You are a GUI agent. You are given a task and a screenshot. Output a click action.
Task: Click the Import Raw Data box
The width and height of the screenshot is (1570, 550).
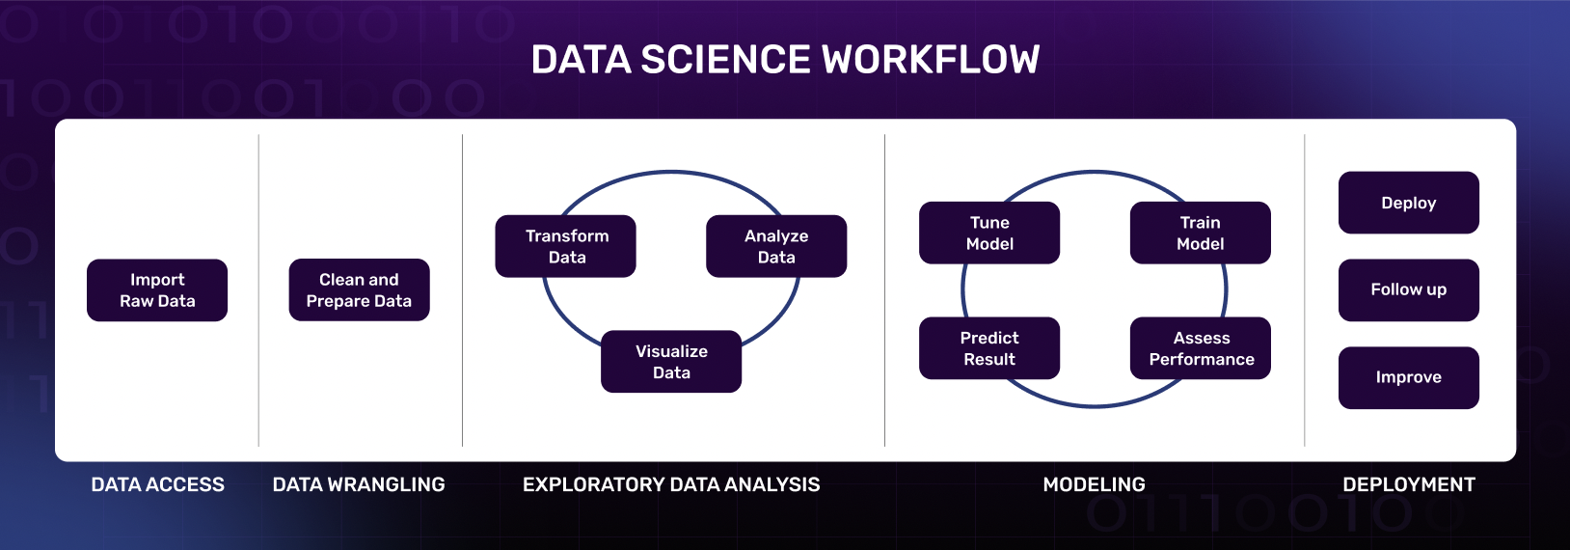157,290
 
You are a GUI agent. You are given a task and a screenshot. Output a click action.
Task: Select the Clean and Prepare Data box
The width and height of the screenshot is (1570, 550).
359,289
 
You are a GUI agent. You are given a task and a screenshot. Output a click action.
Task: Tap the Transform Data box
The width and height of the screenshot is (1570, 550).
566,246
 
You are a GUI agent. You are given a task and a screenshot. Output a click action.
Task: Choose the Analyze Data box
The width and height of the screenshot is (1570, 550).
776,246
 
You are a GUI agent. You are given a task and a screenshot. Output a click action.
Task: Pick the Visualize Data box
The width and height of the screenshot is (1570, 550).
671,361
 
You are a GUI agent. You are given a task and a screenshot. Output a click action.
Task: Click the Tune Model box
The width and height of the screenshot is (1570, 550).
989,233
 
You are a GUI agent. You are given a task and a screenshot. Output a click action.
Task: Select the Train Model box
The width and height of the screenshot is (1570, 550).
1201,233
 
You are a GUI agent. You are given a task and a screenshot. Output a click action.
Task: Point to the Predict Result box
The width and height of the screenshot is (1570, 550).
989,348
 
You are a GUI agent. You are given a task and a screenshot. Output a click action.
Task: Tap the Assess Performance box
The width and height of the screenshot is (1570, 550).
1201,348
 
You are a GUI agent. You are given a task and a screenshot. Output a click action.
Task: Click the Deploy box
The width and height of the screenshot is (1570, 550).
1409,203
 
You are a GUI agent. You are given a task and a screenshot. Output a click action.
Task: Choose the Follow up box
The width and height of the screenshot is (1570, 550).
1409,290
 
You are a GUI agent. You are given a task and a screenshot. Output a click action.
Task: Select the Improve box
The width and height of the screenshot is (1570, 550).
1409,377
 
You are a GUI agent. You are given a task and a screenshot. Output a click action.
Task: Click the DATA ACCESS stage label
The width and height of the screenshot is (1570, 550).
158,484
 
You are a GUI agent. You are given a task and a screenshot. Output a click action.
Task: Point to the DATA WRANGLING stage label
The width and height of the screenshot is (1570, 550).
359,484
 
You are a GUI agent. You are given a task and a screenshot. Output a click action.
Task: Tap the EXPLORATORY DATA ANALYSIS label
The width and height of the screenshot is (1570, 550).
671,484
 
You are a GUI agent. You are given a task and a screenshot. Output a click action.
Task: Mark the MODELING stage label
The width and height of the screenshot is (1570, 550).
1095,484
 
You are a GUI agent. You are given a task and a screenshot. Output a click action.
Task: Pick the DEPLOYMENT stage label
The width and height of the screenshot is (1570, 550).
1409,484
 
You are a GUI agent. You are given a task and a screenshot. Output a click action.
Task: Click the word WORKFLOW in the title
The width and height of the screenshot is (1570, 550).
931,59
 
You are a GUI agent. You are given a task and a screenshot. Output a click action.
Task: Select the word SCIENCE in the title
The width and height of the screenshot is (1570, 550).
726,59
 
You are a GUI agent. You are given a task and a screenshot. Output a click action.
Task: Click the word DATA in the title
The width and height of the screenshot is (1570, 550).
582,59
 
